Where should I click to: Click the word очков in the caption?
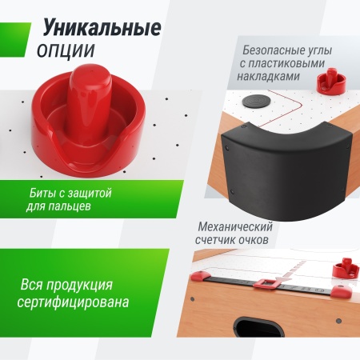(x=262, y=239)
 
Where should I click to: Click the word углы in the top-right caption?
(x=309, y=50)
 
